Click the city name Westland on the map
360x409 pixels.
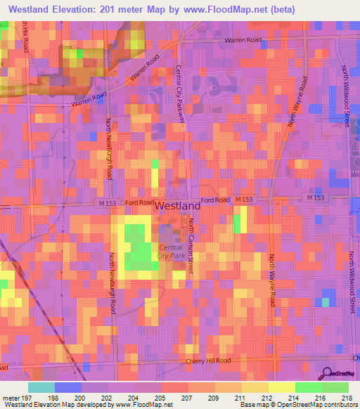176,207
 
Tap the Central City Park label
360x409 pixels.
171,252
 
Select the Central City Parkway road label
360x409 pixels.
180,94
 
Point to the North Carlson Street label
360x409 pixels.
191,247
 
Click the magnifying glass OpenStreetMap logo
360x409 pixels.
327,373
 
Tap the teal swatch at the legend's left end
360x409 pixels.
41,387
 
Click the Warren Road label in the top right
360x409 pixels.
242,41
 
